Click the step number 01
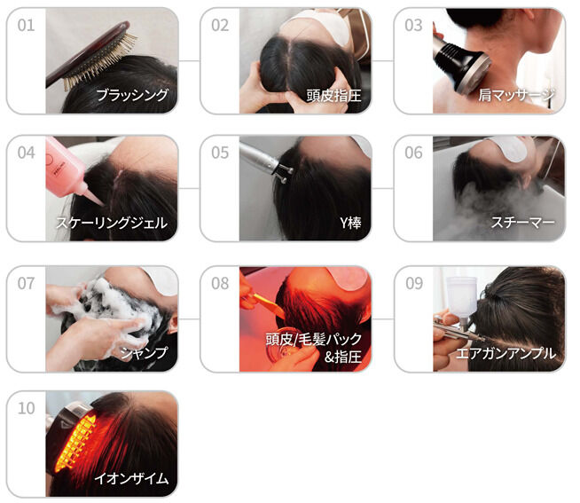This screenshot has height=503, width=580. pyautogui.click(x=26, y=25)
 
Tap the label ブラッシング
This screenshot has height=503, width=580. pyautogui.click(x=132, y=95)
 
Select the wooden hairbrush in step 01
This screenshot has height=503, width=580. pyautogui.click(x=90, y=56)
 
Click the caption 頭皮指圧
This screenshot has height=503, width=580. pyautogui.click(x=333, y=96)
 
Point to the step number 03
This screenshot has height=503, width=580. pyautogui.click(x=413, y=25)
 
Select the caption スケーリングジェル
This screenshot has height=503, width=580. pyautogui.click(x=112, y=223)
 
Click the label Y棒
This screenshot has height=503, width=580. pyautogui.click(x=350, y=223)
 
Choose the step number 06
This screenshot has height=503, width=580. pyautogui.click(x=413, y=153)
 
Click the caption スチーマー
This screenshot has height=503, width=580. pyautogui.click(x=522, y=223)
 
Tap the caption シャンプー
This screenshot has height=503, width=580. pyautogui.click(x=144, y=353)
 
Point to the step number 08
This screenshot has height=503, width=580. pyautogui.click(x=220, y=284)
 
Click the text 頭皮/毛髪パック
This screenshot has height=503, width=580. pyautogui.click(x=313, y=339)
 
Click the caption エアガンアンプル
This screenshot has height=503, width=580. pyautogui.click(x=506, y=353)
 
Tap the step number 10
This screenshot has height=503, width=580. pyautogui.click(x=26, y=408)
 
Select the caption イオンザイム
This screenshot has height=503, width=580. pyautogui.click(x=131, y=478)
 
